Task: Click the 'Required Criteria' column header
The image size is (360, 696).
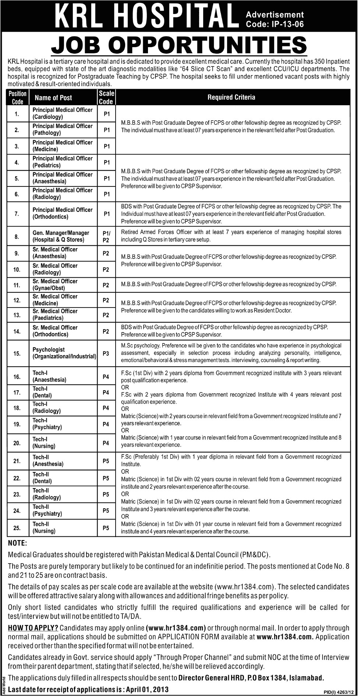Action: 231,97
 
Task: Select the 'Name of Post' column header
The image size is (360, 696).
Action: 53,98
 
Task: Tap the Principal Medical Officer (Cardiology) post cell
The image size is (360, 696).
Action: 63,114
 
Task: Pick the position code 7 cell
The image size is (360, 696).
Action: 17,213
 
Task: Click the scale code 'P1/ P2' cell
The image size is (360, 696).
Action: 106,237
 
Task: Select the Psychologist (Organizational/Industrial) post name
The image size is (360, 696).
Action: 64,353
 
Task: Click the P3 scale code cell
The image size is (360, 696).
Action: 106,353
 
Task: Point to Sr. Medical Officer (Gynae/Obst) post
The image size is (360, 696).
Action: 55,285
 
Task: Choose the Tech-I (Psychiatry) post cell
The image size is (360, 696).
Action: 47,424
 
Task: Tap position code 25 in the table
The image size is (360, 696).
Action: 17,528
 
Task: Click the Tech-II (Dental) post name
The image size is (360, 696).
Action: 42,478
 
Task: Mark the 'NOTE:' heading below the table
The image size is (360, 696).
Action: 17,543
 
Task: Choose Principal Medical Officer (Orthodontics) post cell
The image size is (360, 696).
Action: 63,213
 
